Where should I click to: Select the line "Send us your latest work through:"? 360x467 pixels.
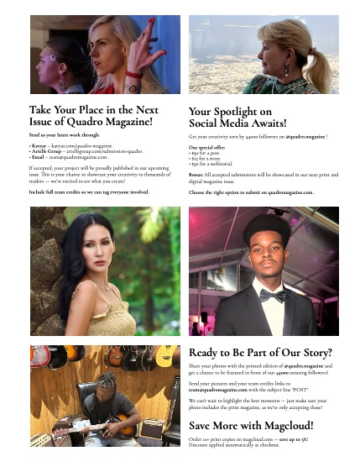tap(65, 134)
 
